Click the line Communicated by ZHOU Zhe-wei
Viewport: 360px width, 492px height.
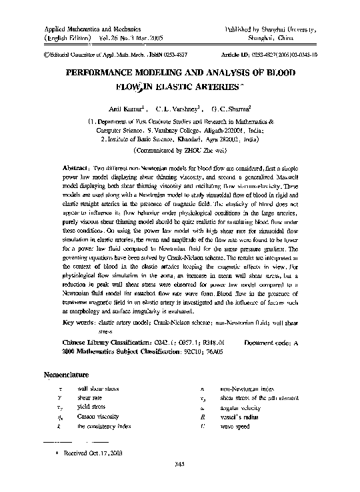(x=179, y=151)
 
